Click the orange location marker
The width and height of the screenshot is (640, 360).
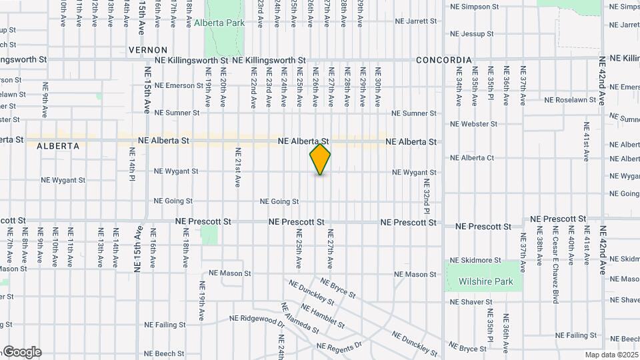tap(320, 159)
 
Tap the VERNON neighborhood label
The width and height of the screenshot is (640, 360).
tap(143, 50)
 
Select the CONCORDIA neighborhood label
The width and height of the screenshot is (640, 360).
tap(443, 60)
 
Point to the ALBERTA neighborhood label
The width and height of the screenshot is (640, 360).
tap(58, 146)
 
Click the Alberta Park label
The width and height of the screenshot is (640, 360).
tap(219, 23)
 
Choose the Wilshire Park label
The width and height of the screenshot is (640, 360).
tap(485, 281)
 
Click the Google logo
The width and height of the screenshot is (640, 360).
tap(21, 352)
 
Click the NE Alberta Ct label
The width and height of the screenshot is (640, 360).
tap(472, 158)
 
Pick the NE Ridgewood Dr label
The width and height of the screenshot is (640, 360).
tap(257, 321)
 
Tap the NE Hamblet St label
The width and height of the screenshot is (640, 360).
tap(323, 316)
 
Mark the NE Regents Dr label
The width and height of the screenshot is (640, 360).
tap(339, 346)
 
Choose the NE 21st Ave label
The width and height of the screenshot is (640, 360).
tap(237, 167)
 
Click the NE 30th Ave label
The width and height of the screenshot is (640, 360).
tap(378, 87)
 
